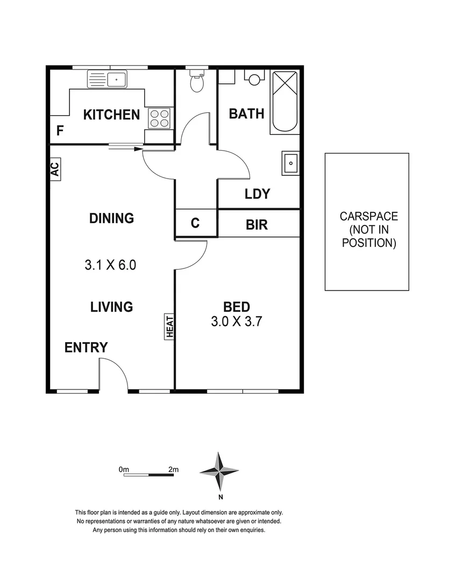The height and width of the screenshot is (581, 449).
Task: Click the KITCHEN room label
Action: (111, 115)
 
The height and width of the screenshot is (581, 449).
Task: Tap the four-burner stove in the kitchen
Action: (159, 118)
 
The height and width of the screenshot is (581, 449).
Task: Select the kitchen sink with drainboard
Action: (107, 80)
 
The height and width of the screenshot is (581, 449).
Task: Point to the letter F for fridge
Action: (60, 131)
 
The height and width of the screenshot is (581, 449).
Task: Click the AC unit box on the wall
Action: (55, 168)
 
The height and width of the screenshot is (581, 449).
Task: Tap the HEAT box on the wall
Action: (169, 327)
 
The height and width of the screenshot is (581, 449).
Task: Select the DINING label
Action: (111, 218)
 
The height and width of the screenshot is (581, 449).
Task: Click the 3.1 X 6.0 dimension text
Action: (110, 265)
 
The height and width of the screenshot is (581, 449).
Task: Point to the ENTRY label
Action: (86, 348)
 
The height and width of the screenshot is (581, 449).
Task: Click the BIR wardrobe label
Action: (256, 224)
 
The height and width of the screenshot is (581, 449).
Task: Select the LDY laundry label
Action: (257, 194)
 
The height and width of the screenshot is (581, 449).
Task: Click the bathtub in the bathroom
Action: (284, 102)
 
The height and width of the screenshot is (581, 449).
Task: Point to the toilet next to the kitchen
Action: (197, 81)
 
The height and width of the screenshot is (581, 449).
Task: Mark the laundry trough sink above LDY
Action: (290, 162)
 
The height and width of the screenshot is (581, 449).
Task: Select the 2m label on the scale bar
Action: (173, 469)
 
